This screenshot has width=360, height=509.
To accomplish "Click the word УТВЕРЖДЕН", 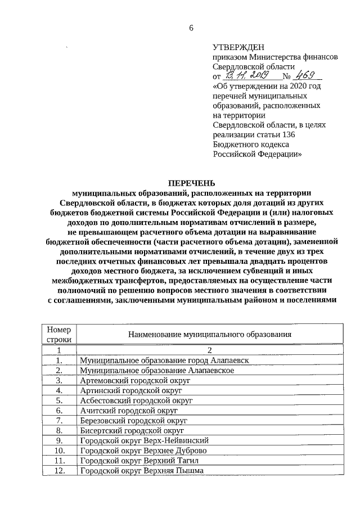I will coord(237,48).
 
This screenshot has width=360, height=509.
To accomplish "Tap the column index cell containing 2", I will coord(210,350).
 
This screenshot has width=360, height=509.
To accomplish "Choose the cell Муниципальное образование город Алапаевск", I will coord(164,360).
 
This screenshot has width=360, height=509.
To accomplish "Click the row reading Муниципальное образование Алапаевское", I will coord(157,370).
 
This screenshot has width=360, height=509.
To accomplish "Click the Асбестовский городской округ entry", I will coord(136,400).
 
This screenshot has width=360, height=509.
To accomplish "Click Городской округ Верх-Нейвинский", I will coord(145,440).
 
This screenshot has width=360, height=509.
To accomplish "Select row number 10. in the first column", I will coord(59,451).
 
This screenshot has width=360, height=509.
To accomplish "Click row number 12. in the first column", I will coord(59,471).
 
